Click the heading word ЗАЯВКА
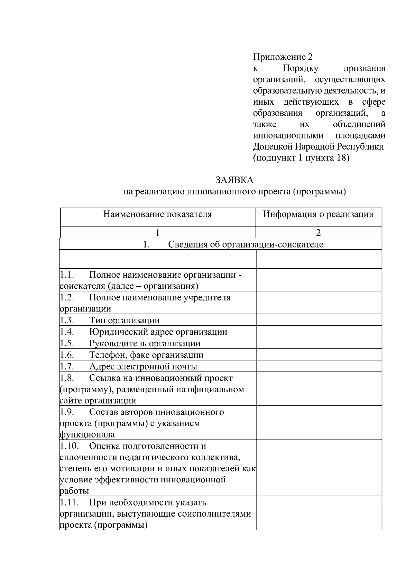234,180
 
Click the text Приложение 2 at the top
283,57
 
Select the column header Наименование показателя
157,214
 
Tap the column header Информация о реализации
318,214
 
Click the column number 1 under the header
157,232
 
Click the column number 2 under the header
318,232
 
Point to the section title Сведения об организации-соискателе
246,245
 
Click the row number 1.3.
67,320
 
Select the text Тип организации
124,320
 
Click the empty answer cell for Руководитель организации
319,343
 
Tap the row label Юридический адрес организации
158,332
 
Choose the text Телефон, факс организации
146,355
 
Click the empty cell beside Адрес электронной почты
319,366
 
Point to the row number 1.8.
67,378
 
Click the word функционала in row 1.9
87,434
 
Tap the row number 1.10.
69,446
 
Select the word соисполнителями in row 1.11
214,514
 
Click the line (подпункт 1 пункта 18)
301,158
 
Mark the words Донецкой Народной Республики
318,147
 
